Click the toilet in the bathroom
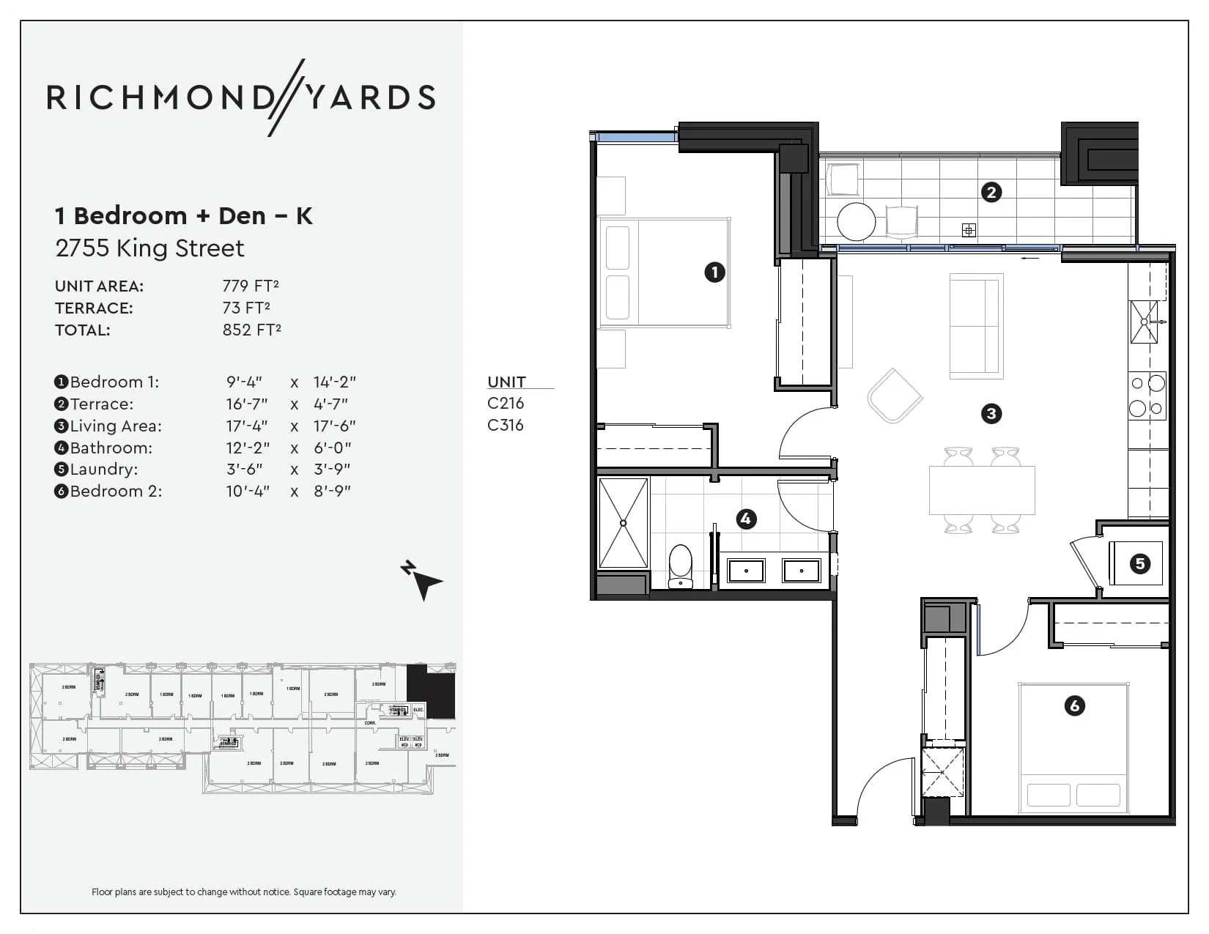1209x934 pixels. (681, 566)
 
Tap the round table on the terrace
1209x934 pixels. (856, 220)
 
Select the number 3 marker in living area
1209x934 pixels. (991, 414)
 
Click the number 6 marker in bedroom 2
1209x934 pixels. (1074, 705)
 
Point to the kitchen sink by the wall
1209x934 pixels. (1143, 322)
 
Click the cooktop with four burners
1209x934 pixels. (1147, 396)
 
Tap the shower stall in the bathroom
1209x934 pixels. (623, 523)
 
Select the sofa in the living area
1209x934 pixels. (975, 326)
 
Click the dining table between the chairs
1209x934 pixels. (981, 490)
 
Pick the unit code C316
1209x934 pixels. (505, 425)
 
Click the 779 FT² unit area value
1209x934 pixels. (251, 286)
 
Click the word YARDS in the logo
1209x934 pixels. (370, 97)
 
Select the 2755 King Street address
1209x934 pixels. (149, 248)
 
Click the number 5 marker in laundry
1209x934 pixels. (1139, 563)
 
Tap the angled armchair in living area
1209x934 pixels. (895, 396)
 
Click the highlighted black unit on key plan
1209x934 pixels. (432, 692)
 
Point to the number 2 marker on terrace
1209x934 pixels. (991, 192)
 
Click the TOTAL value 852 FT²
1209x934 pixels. (251, 330)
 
